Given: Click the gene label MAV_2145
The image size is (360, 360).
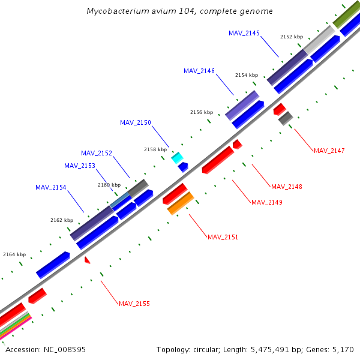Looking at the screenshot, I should (x=244, y=33).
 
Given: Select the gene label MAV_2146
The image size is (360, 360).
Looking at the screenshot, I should (x=199, y=71).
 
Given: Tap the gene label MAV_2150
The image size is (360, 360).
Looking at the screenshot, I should (x=136, y=122).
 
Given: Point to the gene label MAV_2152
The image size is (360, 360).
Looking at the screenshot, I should (x=97, y=153).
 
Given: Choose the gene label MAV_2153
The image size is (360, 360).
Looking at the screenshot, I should (x=80, y=166).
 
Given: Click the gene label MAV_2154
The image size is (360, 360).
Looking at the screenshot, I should (x=51, y=187).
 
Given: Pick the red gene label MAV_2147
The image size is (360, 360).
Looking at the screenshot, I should (x=329, y=150).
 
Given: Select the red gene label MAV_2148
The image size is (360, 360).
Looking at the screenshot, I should (x=287, y=187).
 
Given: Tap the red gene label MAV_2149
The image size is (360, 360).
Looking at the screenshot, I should (x=267, y=202).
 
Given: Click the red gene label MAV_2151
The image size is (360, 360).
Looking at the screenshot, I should (x=223, y=237).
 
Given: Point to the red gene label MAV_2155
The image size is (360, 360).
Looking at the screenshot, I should (x=134, y=304).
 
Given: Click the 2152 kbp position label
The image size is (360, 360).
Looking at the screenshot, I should (x=292, y=37).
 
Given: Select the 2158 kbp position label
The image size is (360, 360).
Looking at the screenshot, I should (x=155, y=149).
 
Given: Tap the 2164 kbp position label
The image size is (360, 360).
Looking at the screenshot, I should (x=14, y=254).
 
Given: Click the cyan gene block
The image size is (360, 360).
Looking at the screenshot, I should (x=177, y=157).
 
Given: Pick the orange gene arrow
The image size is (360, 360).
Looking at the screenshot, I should (x=180, y=203).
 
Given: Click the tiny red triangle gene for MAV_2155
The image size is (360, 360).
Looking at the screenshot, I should (x=87, y=260).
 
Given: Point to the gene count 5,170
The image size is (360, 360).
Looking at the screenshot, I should (x=343, y=349).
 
